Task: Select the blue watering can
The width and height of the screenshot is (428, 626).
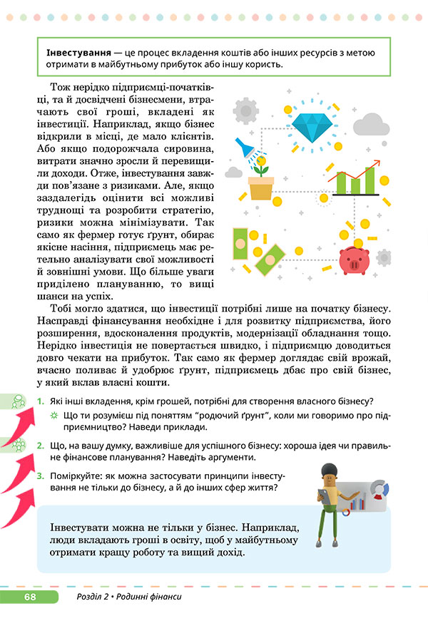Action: coord(250,149)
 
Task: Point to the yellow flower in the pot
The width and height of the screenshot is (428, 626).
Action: coord(263,169)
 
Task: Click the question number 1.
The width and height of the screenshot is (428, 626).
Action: coord(41,401)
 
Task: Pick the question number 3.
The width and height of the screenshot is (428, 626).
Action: coord(41,476)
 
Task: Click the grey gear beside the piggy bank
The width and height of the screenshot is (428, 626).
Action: coord(384,257)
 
